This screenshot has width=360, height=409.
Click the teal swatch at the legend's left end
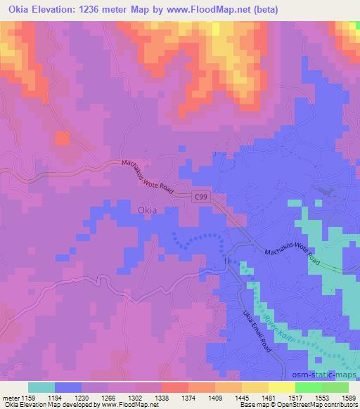pyautogui.click(x=41, y=387)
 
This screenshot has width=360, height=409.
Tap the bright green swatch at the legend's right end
pyautogui.click(x=335, y=387)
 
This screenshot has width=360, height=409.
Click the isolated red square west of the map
pyautogui.click(x=62, y=138)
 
